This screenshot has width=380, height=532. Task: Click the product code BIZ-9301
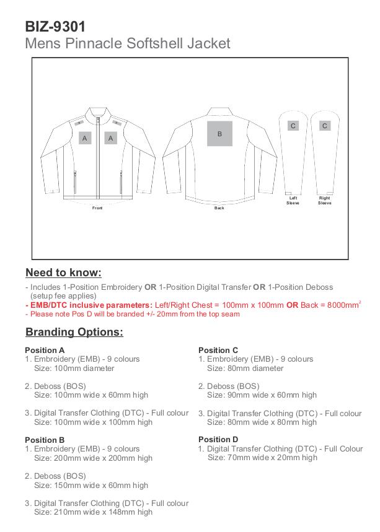coord(55,27)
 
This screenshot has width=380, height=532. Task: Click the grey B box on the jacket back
coord(219,134)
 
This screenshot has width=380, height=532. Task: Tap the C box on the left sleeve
coord(293,126)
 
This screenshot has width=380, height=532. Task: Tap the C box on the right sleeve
coord(324,126)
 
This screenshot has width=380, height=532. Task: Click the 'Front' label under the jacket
coord(97,208)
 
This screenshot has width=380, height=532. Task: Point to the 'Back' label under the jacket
coord(219,208)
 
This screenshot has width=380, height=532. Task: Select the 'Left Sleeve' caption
coord(293,201)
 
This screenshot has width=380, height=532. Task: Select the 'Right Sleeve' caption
coord(324,201)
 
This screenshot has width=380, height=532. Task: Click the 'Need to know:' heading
coord(63,273)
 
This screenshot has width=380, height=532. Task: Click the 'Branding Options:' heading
coord(74,332)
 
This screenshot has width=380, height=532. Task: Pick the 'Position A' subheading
coord(45,350)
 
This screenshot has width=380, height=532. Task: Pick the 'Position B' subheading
coord(45,440)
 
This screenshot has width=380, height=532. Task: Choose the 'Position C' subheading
coord(218,350)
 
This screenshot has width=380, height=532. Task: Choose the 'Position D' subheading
coord(218,440)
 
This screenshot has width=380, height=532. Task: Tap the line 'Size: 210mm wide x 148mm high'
coord(93,512)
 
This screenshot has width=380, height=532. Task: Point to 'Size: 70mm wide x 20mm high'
coord(262,458)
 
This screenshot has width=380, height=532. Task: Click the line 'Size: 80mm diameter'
coord(245,368)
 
